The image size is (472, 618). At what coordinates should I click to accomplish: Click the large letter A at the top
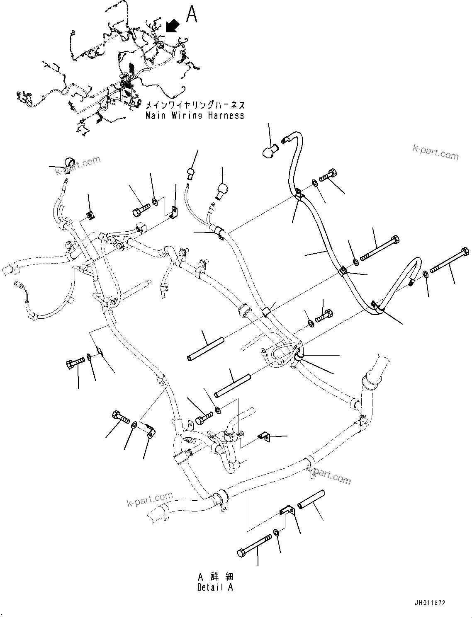click(x=192, y=14)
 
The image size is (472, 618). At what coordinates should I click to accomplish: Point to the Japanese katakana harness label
click(x=193, y=105)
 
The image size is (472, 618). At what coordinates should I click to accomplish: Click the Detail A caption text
click(x=215, y=587)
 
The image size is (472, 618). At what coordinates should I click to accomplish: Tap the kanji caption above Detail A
click(x=215, y=577)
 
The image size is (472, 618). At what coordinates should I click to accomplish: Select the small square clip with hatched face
click(x=90, y=214)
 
